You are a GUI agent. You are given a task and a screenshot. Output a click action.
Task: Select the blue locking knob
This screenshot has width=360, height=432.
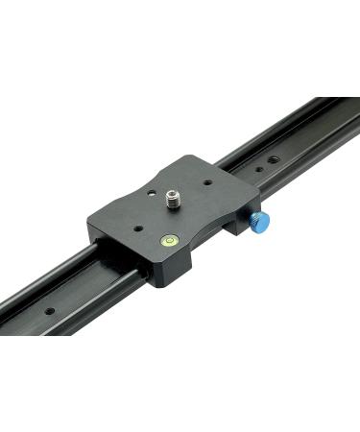[x=261, y=223]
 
